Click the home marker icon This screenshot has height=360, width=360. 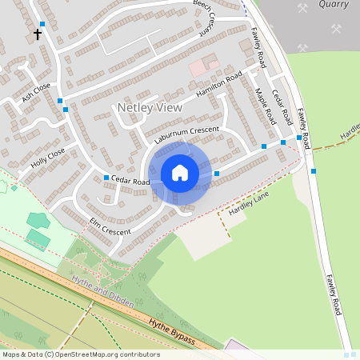pos(180,172)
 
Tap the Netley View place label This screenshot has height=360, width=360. pos(150,107)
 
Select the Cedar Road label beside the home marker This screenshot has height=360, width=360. pos(130,182)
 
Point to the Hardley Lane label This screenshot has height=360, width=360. pos(249,204)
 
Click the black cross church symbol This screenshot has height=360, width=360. pos(37,35)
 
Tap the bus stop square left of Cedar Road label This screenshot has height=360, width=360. pos(106,178)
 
